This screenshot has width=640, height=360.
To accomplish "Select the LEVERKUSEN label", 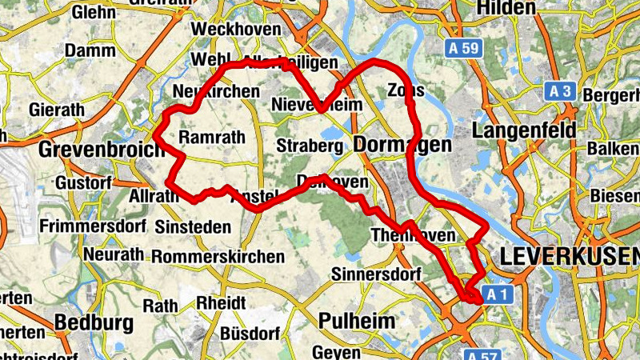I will tap(569, 257).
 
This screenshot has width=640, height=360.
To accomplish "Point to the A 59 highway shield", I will tap(463, 49).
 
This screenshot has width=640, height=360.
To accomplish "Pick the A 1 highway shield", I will tap(496, 295).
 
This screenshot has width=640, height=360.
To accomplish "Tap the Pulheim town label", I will tap(357, 322).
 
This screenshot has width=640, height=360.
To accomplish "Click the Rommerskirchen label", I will tap(218, 257).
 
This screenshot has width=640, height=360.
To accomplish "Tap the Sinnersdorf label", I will tap(374, 274).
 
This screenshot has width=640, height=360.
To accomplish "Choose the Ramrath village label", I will tap(212, 138).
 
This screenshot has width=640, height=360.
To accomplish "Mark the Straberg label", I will tap(310, 146).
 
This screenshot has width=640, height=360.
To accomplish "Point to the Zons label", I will tap(405, 89).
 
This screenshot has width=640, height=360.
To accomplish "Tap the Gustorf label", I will tap(82, 183).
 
